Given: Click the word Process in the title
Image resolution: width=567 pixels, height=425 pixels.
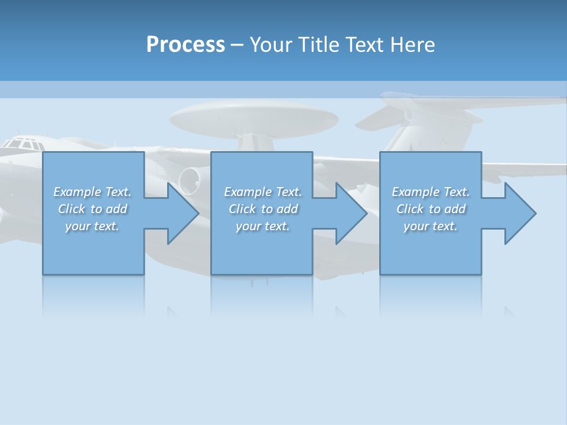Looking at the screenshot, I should point(185,44).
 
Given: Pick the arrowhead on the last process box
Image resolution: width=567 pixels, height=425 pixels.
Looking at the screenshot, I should point(519,213).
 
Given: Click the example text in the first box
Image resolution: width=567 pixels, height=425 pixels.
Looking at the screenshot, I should point(92,209).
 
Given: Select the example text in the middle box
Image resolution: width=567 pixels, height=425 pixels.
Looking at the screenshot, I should point(262,209).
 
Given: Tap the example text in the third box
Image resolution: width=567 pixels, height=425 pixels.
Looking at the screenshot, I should point(431,209).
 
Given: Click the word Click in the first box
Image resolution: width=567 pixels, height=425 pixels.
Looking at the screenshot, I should point(71,209).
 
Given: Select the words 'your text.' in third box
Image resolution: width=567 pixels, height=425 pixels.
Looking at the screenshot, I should point(431,226).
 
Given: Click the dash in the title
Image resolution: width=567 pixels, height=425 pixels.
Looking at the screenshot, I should point(237,44).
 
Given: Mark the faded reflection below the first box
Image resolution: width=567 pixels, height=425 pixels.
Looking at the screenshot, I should point(93,295).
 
